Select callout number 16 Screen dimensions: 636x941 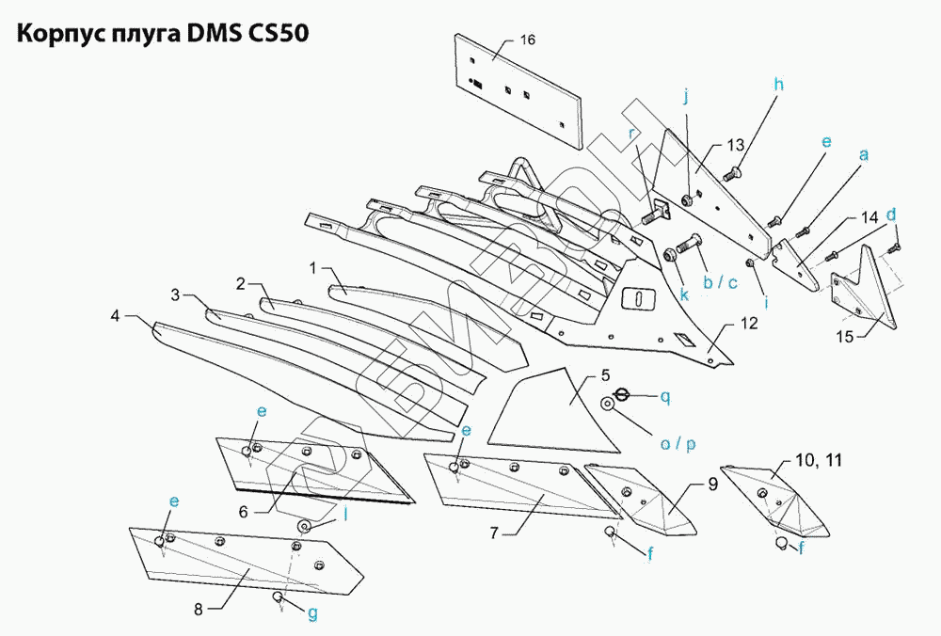pos(527,40)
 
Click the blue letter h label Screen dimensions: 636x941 pos(779,83)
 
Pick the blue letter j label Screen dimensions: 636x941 pos(686,96)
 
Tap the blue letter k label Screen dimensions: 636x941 pos(685,294)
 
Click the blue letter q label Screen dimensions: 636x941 pos(664,397)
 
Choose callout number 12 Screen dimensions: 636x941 pos(749,324)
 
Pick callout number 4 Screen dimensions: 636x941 pos(115,316)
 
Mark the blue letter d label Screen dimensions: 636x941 pos(889,214)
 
